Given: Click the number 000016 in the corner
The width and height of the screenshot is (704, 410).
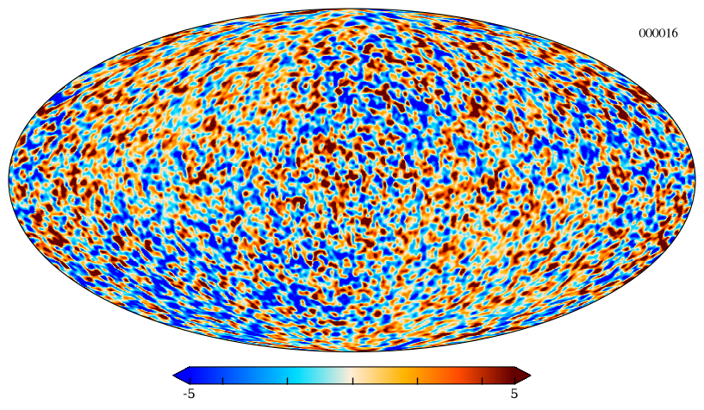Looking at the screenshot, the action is coord(658,34).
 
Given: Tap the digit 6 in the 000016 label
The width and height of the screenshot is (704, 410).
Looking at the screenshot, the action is coord(675,34).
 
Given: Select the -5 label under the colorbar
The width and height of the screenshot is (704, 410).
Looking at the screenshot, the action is coord(189,394).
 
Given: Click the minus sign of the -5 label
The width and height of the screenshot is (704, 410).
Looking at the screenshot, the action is coord(185,395).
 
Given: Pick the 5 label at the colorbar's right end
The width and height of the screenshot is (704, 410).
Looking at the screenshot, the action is coord(514,394).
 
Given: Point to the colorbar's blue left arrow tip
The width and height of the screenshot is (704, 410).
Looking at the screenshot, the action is coord(173,376).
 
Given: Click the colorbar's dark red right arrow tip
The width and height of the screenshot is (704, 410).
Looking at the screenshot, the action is coord(531,376).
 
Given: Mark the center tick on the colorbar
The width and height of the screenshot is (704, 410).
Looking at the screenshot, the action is coord(352,381).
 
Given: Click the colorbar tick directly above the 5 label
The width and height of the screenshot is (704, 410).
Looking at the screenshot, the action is coord(514,381).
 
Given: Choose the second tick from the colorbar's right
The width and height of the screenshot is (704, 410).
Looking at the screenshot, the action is coord(483,381).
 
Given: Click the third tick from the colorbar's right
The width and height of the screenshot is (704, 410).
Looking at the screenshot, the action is coord(418,381).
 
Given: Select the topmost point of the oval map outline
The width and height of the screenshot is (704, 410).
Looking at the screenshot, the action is coord(352,8).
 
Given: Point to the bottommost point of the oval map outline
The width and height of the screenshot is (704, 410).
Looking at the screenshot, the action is coord(352,351).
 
